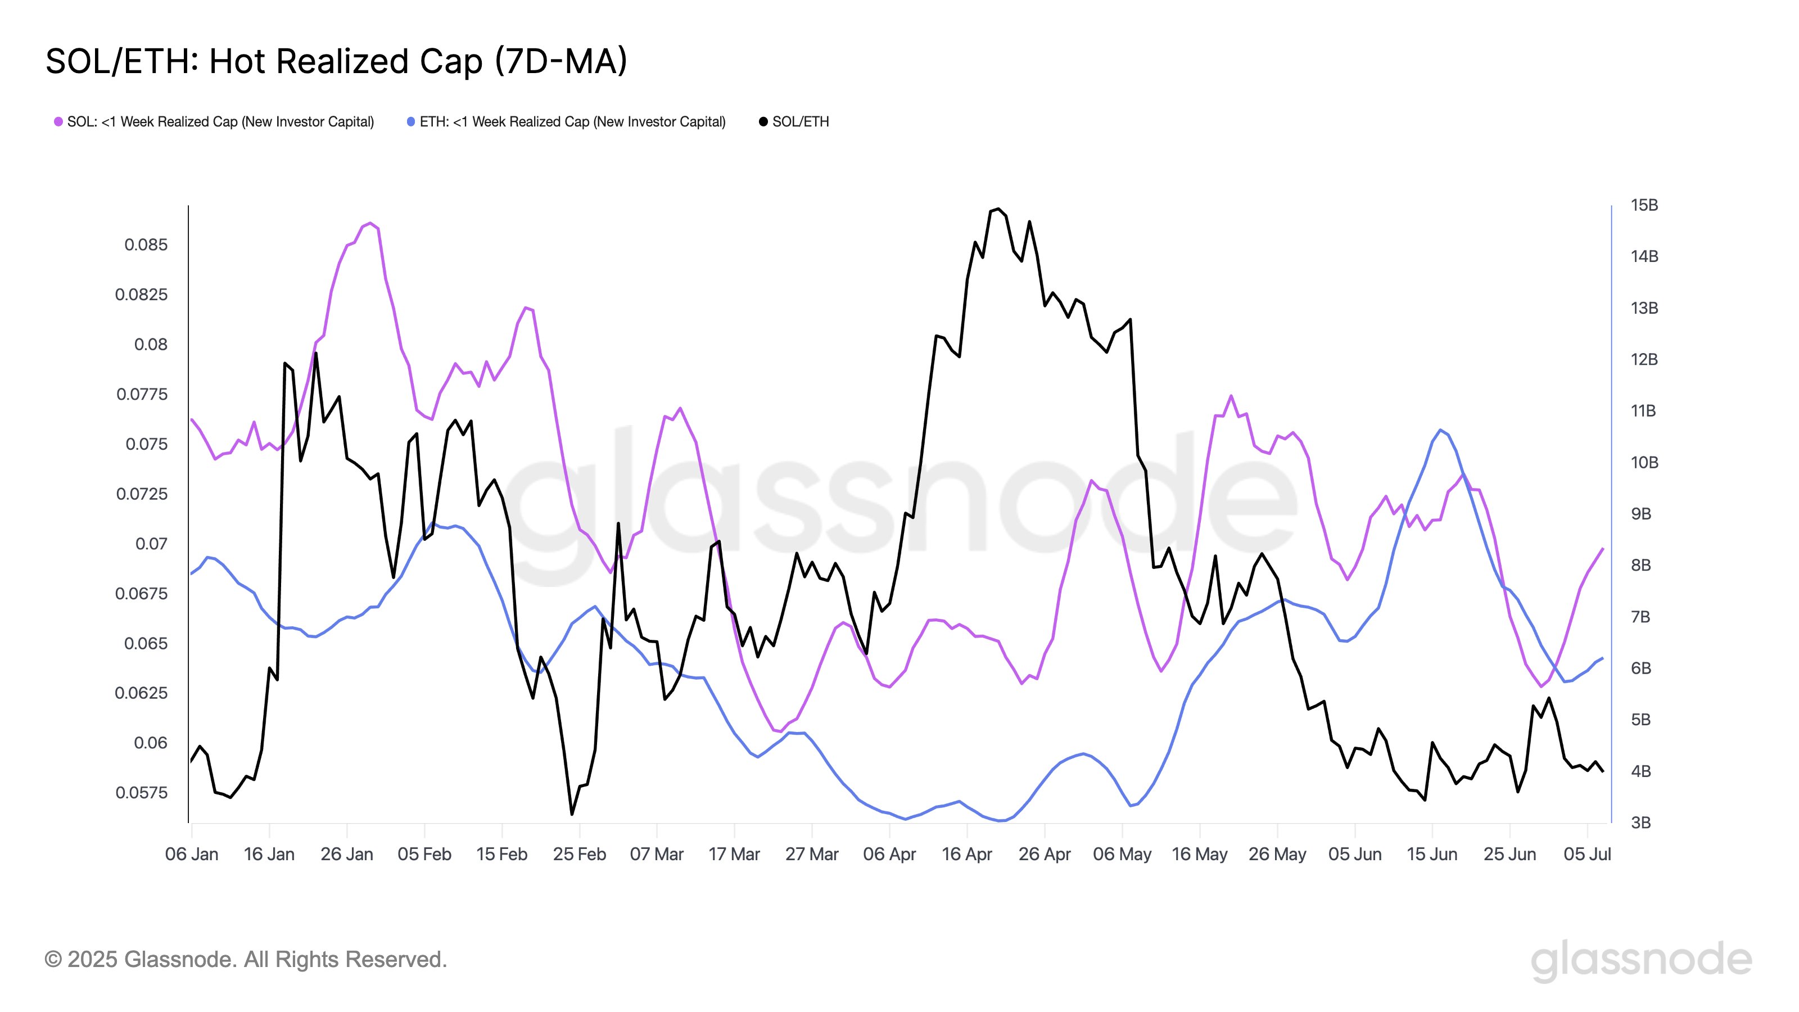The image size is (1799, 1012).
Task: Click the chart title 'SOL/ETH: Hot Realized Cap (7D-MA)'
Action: click(336, 61)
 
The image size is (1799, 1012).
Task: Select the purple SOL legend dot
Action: click(58, 121)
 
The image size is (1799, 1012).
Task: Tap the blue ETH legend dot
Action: click(410, 121)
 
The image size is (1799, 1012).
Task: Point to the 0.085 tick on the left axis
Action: click(146, 245)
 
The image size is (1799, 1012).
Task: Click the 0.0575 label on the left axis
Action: click(142, 793)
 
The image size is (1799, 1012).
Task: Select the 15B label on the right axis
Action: click(1643, 205)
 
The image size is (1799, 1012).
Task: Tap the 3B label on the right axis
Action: click(1640, 823)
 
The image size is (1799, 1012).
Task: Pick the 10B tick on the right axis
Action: click(1643, 462)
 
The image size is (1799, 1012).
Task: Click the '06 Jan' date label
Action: click(191, 854)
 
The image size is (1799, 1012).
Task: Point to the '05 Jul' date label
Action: click(1586, 854)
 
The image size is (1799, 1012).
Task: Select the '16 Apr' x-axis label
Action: click(966, 854)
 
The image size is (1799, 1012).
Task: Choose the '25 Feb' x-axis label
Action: click(579, 854)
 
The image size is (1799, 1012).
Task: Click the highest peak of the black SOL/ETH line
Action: click(998, 209)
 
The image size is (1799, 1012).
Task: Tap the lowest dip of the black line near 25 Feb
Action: click(572, 814)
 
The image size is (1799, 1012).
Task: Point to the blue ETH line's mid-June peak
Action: click(1440, 430)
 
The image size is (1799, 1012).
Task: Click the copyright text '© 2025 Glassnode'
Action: click(245, 960)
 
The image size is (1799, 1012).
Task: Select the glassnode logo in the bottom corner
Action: click(1640, 961)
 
